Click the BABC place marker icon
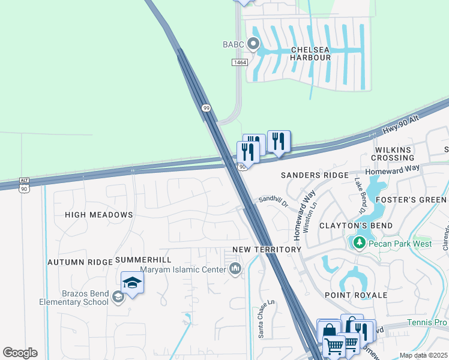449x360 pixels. (253, 44)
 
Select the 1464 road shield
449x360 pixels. (240, 62)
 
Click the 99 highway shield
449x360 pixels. (206, 107)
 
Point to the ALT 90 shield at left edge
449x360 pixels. (24, 184)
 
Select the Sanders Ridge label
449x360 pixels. (315, 175)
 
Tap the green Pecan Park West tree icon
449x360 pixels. (359, 242)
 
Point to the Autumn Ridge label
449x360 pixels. (80, 262)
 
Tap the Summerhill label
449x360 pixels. (143, 259)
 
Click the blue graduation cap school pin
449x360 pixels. (132, 282)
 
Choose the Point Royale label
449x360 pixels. (356, 295)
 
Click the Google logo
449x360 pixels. (20, 353)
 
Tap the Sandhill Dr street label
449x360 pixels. (274, 201)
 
